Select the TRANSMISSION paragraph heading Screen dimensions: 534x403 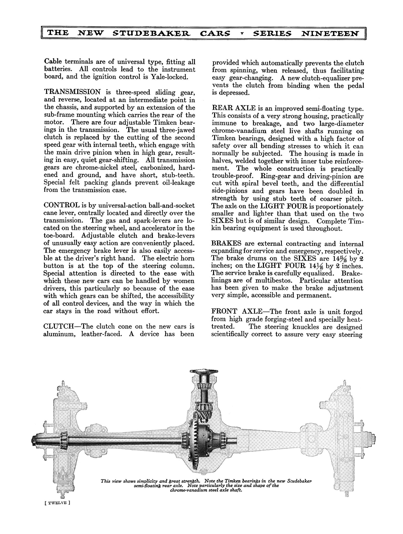[72, 92]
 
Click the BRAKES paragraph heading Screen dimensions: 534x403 [226, 244]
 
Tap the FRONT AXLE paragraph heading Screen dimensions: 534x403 [237, 312]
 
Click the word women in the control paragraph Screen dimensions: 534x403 [185, 281]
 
